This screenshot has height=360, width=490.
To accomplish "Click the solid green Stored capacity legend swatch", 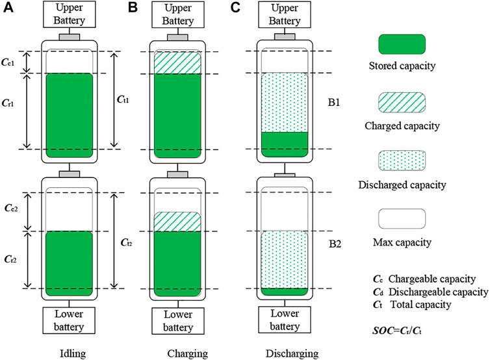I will point(402,44).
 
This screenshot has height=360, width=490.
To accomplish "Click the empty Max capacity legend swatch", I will point(402,219).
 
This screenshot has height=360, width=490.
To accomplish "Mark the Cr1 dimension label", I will point(11,102).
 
